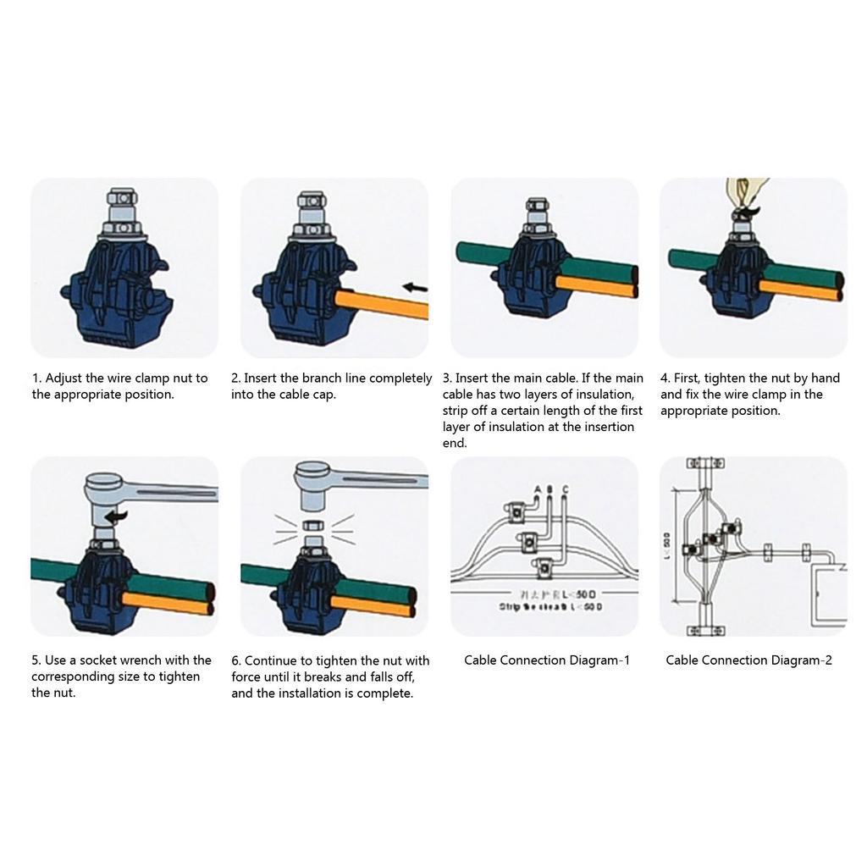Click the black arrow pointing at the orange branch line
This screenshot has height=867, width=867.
[x=414, y=288]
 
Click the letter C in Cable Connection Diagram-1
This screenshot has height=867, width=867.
[x=565, y=489]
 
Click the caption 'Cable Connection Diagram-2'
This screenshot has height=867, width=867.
[x=748, y=660]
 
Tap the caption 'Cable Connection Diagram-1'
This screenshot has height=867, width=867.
[x=547, y=660]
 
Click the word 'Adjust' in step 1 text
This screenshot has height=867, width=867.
[x=64, y=378]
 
